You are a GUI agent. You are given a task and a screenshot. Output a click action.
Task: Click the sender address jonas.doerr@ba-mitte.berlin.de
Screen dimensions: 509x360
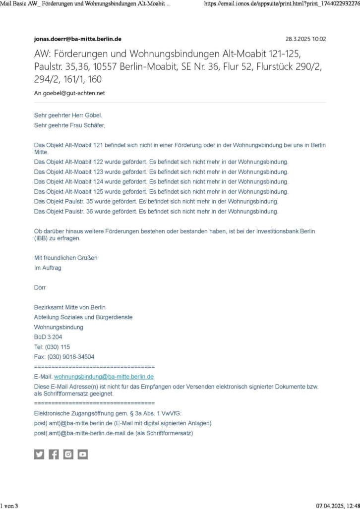point(77,39)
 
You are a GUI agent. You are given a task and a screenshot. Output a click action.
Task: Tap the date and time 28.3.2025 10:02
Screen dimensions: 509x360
point(305,39)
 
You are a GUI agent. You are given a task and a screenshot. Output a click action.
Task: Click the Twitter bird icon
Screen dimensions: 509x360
point(39,454)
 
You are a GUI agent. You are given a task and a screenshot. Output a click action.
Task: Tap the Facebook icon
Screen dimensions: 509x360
point(54,454)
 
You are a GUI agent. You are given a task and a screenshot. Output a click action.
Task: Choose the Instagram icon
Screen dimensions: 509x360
point(68,454)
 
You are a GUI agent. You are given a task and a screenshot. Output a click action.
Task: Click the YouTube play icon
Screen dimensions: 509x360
point(82,454)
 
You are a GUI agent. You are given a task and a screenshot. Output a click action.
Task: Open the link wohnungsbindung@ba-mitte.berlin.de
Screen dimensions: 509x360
point(104,377)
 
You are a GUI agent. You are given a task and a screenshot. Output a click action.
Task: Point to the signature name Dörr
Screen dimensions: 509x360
point(40,287)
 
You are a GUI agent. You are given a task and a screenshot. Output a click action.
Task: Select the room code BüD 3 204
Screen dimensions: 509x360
point(48,337)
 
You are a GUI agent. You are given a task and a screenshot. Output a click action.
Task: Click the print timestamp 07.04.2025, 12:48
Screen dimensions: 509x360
point(338,506)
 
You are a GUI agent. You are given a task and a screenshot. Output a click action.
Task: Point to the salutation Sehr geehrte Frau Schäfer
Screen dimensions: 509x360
point(69,125)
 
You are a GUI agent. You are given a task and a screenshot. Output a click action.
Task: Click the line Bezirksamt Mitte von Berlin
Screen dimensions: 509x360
point(69,307)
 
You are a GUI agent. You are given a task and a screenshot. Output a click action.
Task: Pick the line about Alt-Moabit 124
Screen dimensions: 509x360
point(161,182)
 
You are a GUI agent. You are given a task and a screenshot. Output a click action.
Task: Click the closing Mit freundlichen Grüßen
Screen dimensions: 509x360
point(65,258)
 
